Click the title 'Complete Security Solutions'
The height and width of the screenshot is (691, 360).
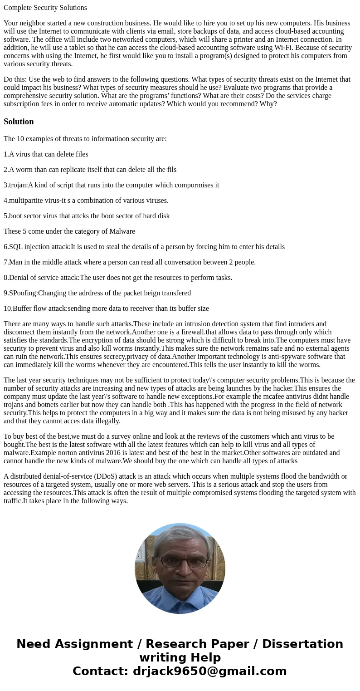pyautogui.click(x=45, y=8)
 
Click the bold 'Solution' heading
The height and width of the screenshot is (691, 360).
pyautogui.click(x=19, y=122)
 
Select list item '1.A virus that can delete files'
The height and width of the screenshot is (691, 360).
pyautogui.click(x=46, y=154)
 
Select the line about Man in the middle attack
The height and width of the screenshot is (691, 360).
pyautogui.click(x=130, y=262)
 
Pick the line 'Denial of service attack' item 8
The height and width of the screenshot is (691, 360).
pyautogui.click(x=118, y=278)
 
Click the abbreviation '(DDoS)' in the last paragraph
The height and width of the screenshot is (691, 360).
pyautogui.click(x=114, y=476)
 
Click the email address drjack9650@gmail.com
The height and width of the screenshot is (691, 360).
pyautogui.click(x=209, y=671)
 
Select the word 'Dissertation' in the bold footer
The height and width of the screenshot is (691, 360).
pyautogui.click(x=302, y=644)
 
